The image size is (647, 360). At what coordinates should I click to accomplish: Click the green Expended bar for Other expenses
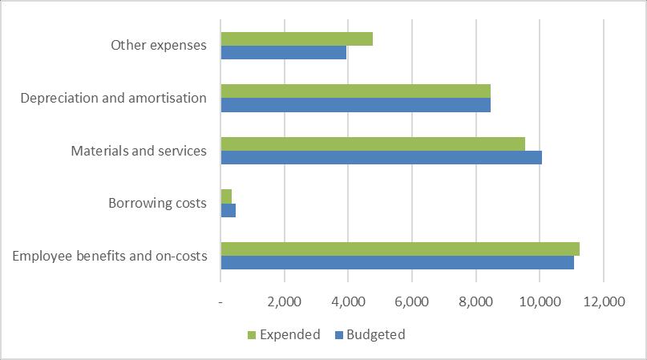coord(297,38)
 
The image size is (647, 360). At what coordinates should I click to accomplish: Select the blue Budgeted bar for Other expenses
coord(283,52)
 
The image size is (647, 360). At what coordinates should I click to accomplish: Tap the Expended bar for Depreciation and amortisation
coord(355,91)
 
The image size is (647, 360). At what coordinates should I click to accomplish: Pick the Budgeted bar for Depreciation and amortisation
coord(355,104)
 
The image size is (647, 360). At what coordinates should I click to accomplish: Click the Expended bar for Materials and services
coord(373,144)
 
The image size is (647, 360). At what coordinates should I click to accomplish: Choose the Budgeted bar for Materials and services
coord(381,157)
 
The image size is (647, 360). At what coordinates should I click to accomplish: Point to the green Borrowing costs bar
coord(226,196)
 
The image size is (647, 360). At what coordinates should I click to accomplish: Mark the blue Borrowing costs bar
coord(228,209)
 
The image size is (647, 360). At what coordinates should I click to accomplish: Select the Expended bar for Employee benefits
coord(400,249)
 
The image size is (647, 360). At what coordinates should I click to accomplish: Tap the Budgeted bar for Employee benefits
coord(397,262)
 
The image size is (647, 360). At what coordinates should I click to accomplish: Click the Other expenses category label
coord(159,46)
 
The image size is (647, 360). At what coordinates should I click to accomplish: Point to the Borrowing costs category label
coord(157,203)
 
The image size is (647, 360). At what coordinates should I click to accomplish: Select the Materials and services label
coord(139,151)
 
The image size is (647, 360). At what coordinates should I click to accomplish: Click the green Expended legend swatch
coord(252,335)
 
